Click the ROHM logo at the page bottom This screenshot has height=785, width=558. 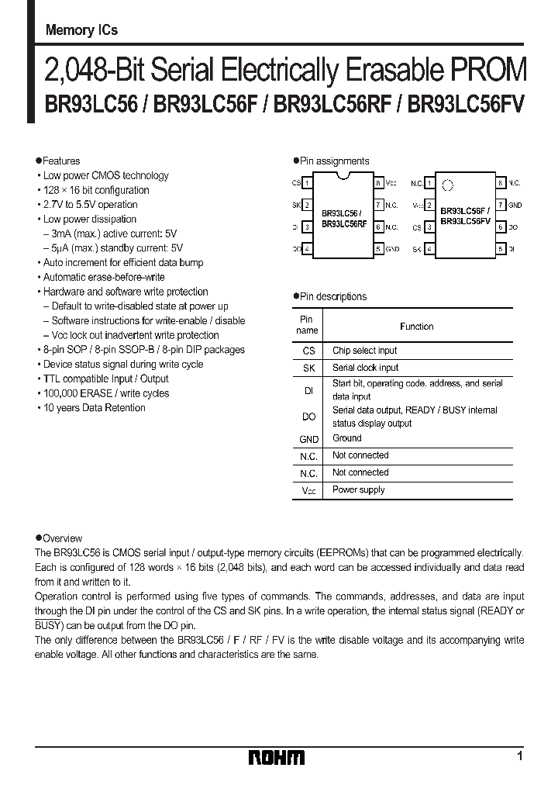[277, 757]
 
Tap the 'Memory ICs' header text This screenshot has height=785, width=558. [81, 31]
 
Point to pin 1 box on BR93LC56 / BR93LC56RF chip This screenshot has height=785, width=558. [307, 183]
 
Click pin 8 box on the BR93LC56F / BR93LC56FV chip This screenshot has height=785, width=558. [501, 183]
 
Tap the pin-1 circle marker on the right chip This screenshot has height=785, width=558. [446, 185]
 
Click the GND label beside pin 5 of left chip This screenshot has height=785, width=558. [392, 249]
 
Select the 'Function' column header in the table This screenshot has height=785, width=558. [416, 327]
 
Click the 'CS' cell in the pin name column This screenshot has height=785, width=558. [308, 351]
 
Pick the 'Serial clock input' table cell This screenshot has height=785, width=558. [365, 368]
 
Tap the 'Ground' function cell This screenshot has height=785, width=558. [347, 438]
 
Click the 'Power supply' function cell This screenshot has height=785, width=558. [358, 489]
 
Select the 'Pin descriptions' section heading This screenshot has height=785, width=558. [333, 296]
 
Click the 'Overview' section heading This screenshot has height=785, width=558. [62, 538]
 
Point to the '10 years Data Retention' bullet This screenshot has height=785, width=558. [94, 408]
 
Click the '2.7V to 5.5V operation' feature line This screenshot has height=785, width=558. [90, 205]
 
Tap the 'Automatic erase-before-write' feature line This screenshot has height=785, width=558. [104, 277]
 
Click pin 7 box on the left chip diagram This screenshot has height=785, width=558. [378, 206]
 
